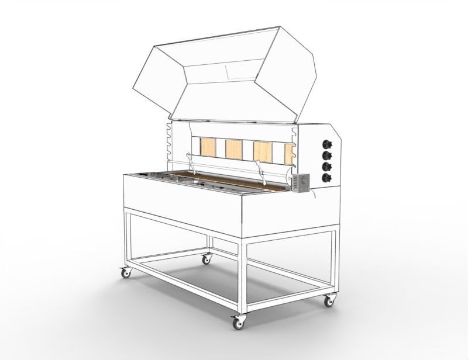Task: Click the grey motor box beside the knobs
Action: [x=301, y=182]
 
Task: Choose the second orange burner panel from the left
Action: [x=234, y=149]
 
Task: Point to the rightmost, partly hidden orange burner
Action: [x=288, y=154]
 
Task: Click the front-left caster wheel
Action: [x=125, y=272]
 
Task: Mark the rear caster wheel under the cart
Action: [x=206, y=258]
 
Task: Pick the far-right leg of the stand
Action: [x=334, y=263]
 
